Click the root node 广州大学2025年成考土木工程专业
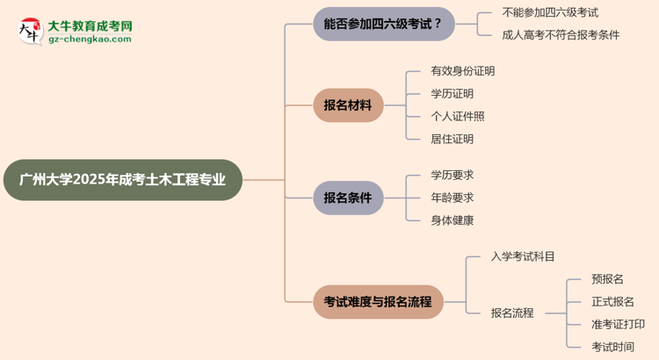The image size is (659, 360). click(122, 180)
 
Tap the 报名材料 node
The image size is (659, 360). click(348, 105)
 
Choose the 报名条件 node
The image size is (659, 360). click(348, 198)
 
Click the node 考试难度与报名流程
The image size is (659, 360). click(378, 301)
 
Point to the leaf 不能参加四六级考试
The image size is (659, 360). click(550, 12)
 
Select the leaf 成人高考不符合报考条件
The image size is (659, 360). click(561, 35)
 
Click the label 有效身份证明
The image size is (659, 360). click(462, 71)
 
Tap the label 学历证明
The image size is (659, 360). click(452, 94)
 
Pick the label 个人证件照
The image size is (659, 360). click(457, 116)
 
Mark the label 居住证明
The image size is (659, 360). click(452, 139)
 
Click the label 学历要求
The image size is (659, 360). click(452, 175)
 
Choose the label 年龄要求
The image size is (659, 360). click(452, 198)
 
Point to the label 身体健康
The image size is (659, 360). click(452, 220)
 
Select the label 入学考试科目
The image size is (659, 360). click(523, 256)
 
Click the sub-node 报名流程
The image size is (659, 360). click(512, 313)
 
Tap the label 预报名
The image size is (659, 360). click(607, 278)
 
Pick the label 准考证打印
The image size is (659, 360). click(618, 324)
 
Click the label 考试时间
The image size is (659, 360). click(612, 347)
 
